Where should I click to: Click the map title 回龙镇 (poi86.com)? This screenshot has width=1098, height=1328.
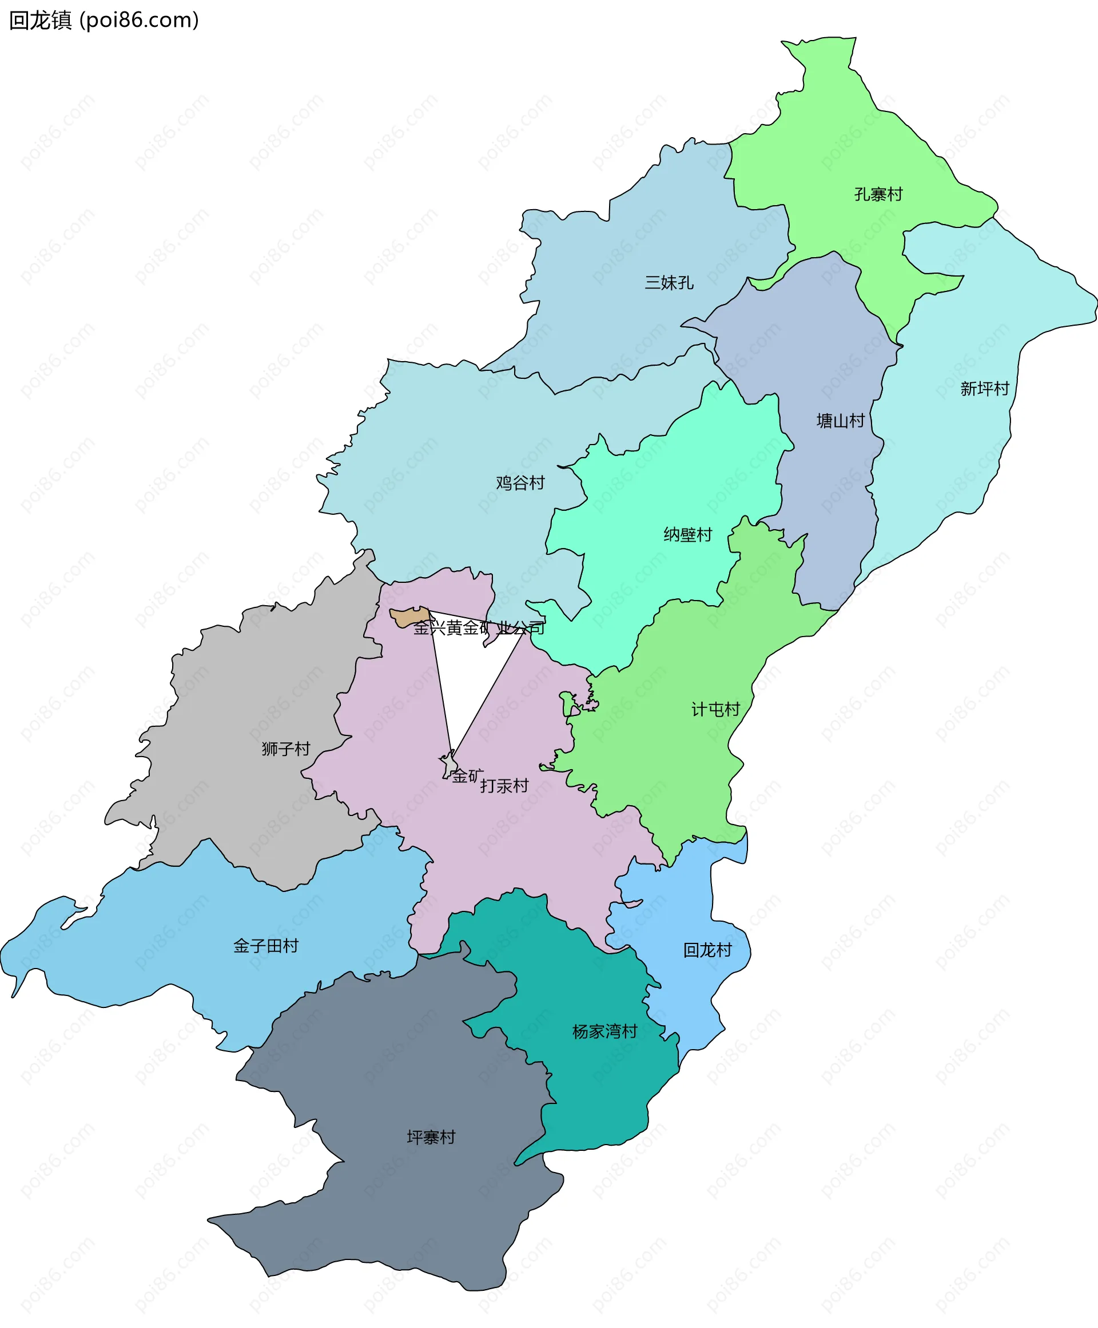click(x=104, y=20)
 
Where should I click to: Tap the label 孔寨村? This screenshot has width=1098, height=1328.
click(x=878, y=194)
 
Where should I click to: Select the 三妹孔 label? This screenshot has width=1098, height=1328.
click(x=669, y=282)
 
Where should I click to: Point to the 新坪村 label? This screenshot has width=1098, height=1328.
click(x=984, y=389)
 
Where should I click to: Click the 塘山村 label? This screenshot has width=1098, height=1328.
click(x=840, y=421)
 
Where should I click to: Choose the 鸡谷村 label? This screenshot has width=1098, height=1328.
click(x=520, y=483)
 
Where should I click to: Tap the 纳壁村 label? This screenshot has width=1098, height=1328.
click(x=687, y=535)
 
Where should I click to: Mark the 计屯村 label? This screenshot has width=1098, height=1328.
click(x=715, y=709)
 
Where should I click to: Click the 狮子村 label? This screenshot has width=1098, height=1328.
click(x=286, y=749)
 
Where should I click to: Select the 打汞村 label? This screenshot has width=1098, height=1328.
click(x=504, y=786)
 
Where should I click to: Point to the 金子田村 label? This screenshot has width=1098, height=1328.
click(x=266, y=946)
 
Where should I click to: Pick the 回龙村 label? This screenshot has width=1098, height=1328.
click(x=707, y=950)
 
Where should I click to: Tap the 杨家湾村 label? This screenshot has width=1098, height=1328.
click(x=604, y=1031)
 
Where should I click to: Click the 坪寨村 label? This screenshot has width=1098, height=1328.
click(x=431, y=1137)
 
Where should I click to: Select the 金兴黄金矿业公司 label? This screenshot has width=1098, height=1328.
click(x=479, y=627)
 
